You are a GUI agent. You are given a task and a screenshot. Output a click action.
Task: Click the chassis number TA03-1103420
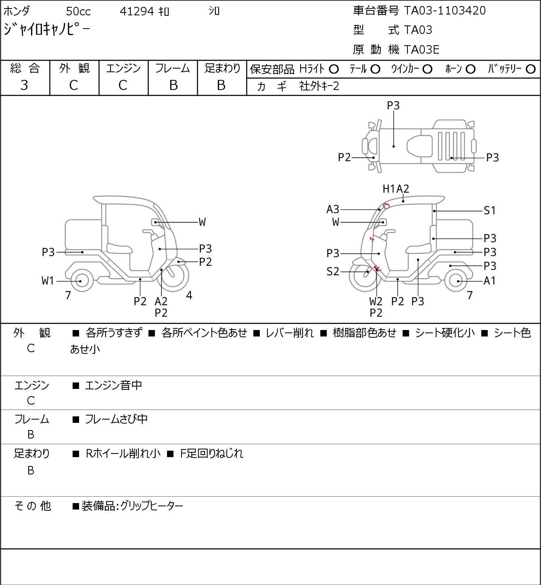(x=445, y=10)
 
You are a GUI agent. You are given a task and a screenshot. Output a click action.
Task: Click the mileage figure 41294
(x=137, y=11)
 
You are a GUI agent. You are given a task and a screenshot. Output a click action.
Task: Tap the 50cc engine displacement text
(x=78, y=11)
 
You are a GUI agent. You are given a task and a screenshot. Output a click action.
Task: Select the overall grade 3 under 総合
(x=24, y=86)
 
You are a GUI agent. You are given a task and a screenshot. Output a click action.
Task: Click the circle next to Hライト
(x=334, y=69)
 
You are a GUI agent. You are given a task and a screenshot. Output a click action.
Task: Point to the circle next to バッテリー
(x=531, y=69)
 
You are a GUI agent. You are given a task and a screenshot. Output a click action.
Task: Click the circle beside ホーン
(x=470, y=69)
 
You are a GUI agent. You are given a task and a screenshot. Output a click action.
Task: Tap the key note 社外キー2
(x=319, y=86)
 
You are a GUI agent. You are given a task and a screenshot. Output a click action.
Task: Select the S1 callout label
(x=489, y=211)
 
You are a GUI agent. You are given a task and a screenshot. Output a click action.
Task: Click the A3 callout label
(x=333, y=209)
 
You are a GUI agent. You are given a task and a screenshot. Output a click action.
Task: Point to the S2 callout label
(x=333, y=271)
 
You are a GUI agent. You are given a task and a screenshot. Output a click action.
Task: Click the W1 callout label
(x=48, y=281)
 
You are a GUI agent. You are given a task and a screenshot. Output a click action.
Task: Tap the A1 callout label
(x=490, y=281)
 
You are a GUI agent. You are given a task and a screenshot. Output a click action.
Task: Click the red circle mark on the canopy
(x=386, y=206)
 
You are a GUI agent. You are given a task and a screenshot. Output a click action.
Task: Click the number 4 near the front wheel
(x=189, y=295)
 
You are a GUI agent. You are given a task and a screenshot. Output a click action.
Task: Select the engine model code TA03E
(x=422, y=50)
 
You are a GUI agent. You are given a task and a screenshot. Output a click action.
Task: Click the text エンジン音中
(x=113, y=385)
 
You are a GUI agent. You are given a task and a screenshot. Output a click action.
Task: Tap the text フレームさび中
(x=116, y=419)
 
